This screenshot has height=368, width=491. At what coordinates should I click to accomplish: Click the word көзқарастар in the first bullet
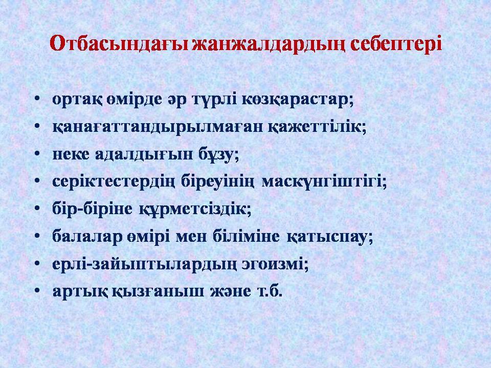click(298, 100)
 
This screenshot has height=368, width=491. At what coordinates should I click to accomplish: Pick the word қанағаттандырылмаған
click(158, 128)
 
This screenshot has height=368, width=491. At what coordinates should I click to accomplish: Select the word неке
click(71, 154)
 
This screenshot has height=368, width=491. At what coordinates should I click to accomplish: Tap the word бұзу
click(218, 155)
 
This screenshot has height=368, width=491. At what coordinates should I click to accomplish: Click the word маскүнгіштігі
click(324, 182)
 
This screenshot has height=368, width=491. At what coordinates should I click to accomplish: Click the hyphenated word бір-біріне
click(92, 209)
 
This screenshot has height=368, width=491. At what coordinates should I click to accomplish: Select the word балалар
click(87, 236)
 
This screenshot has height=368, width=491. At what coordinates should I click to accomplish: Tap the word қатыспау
click(330, 237)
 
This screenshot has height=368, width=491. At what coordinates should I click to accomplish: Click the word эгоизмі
click(275, 264)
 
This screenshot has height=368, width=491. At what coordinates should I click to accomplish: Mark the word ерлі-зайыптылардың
click(144, 264)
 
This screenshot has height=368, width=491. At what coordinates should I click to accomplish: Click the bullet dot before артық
click(37, 290)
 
